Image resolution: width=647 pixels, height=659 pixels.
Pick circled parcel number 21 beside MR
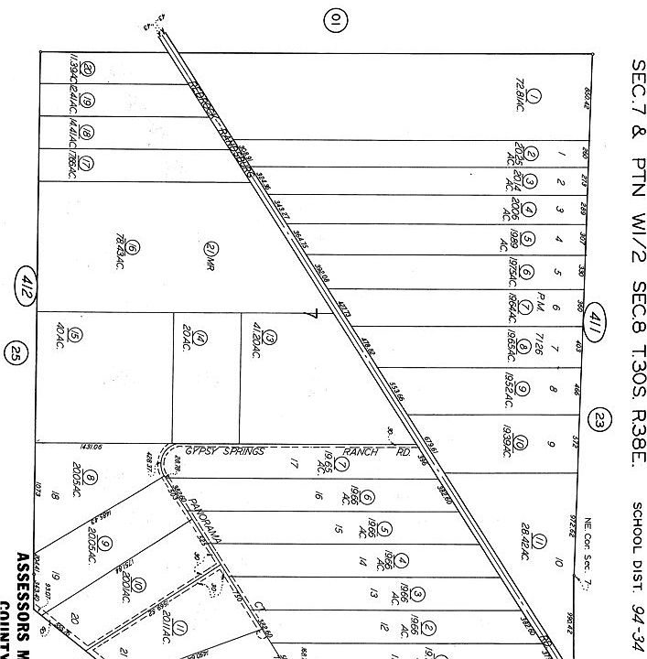pos(210,248)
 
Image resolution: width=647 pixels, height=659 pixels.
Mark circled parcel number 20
pos(87,70)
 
